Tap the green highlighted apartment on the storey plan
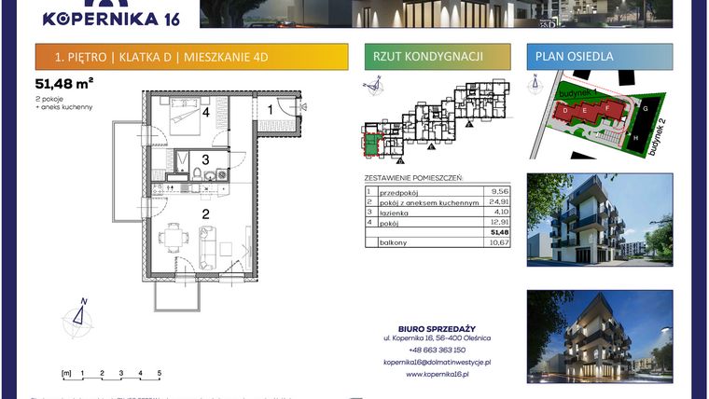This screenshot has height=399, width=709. click(372, 144)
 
